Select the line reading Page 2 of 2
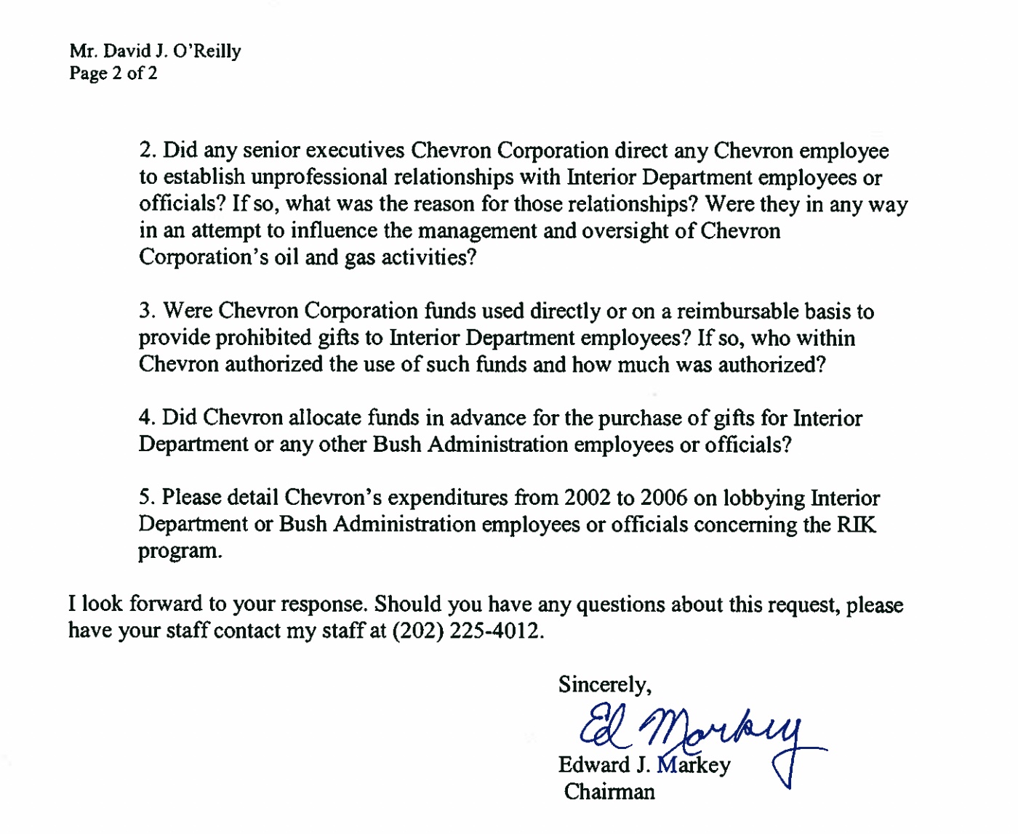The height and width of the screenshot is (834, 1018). pyautogui.click(x=113, y=73)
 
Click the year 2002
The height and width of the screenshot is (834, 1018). pyautogui.click(x=587, y=498)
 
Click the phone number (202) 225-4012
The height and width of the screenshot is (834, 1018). pyautogui.click(x=466, y=631)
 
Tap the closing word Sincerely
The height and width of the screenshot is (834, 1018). pyautogui.click(x=603, y=684)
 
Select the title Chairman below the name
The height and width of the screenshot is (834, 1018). pyautogui.click(x=609, y=791)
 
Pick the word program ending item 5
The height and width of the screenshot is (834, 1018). pyautogui.click(x=178, y=551)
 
